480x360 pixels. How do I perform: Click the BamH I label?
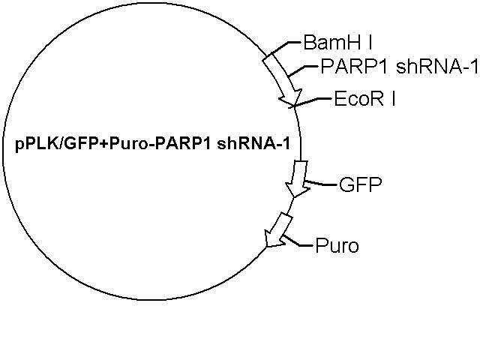pyautogui.click(x=338, y=42)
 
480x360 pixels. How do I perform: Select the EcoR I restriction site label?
pyautogui.click(x=364, y=98)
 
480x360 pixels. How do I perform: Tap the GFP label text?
pyautogui.click(x=361, y=184)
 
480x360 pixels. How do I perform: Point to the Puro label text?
pyautogui.click(x=337, y=245)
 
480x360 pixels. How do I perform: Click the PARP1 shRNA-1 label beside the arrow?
pyautogui.click(x=399, y=67)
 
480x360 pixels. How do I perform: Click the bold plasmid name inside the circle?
pyautogui.click(x=152, y=144)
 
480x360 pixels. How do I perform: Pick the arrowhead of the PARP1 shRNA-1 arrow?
pyautogui.click(x=291, y=97)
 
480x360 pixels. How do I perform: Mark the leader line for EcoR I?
pyautogui.click(x=312, y=102)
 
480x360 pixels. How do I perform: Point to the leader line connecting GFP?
pyautogui.click(x=322, y=184)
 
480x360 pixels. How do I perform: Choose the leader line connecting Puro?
pyautogui.click(x=298, y=242)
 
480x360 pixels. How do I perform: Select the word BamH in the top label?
pyautogui.click(x=330, y=42)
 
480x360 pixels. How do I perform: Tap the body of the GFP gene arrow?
pyautogui.click(x=299, y=174)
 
